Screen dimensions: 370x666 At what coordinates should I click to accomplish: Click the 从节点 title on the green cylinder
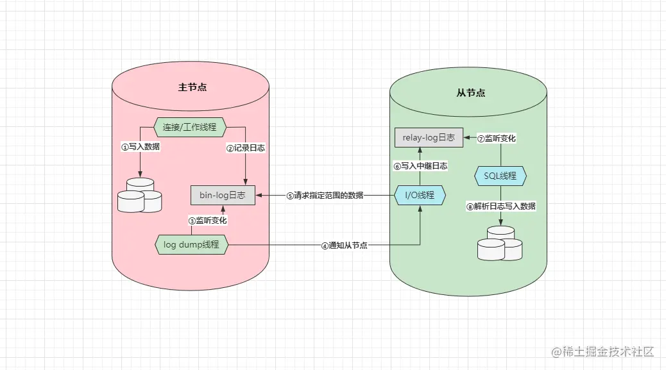[470, 93]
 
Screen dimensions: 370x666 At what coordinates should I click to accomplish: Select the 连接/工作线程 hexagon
[190, 128]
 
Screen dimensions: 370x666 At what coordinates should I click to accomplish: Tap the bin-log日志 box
[223, 195]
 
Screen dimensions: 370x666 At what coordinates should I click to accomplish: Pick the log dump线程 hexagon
[191, 244]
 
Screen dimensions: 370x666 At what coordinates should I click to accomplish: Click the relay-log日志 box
[428, 137]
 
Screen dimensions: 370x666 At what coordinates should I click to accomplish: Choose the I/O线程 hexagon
[419, 195]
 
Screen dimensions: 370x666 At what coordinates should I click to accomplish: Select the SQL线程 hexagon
[500, 175]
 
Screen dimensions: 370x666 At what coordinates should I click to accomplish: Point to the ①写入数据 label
[141, 147]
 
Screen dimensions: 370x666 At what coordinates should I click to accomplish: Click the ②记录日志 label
[245, 147]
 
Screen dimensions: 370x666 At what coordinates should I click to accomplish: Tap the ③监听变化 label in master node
[207, 220]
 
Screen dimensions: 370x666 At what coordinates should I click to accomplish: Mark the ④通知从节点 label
[344, 246]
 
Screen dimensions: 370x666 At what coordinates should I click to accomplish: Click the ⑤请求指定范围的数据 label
[325, 196]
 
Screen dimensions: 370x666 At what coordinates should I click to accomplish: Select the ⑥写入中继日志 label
[420, 165]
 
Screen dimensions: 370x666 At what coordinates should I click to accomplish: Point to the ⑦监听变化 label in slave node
[497, 139]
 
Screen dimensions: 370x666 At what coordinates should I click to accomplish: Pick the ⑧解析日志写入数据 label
[500, 206]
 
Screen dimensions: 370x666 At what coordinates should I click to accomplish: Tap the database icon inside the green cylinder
[500, 243]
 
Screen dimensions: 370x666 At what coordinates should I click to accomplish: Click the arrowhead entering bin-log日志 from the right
[259, 195]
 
